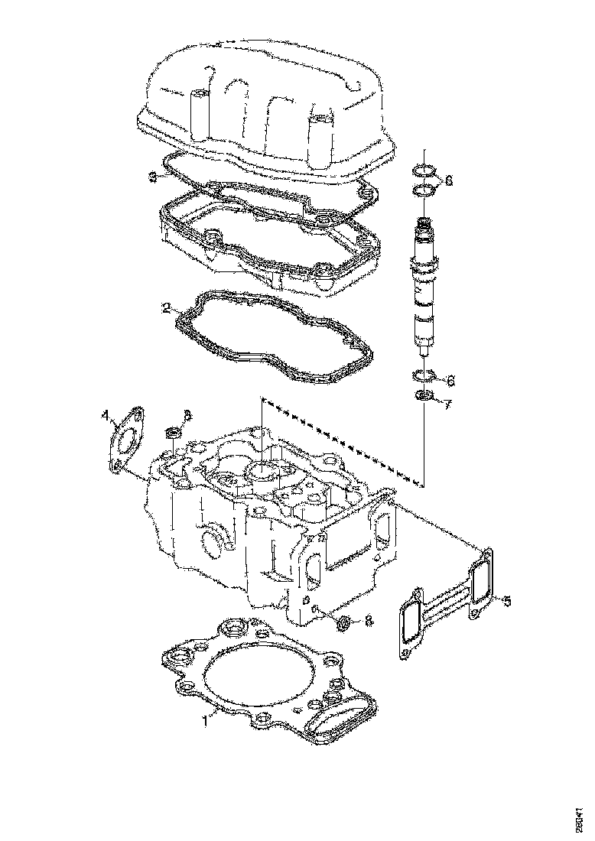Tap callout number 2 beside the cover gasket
click(x=166, y=309)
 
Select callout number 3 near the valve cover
click(x=152, y=177)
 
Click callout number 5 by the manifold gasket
click(x=506, y=600)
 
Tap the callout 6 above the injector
click(x=448, y=180)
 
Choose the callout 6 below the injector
click(x=450, y=379)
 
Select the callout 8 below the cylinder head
click(x=369, y=622)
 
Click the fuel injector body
click(x=425, y=291)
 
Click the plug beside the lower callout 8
click(x=344, y=624)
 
